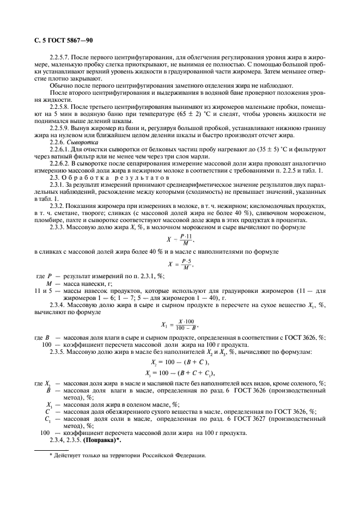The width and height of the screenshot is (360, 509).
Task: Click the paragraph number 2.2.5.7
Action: pyautogui.click(x=60, y=56)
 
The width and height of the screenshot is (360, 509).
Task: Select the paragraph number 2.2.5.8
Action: pyautogui.click(x=60, y=107)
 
